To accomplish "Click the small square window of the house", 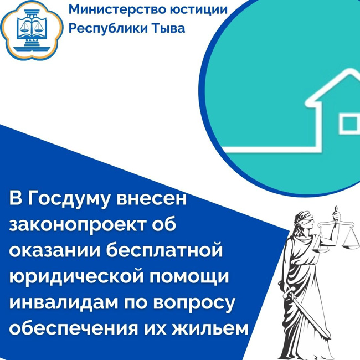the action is pyautogui.click(x=349, y=124).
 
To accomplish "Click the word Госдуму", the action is pyautogui.click(x=70, y=199).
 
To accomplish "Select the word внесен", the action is pyautogui.click(x=152, y=199).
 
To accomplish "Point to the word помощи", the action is pyautogui.click(x=189, y=277).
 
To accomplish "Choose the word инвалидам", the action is pyautogui.click(x=64, y=302).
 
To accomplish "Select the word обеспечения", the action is pyautogui.click(x=74, y=328).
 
